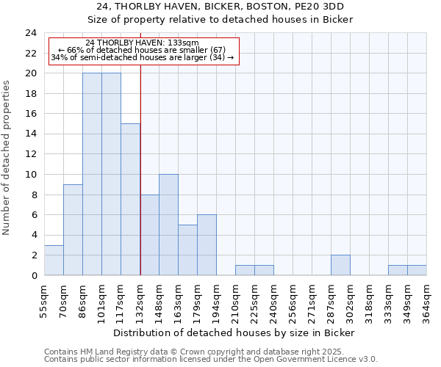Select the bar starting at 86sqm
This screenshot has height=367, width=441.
(92, 174)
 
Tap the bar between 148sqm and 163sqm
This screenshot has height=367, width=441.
(168, 225)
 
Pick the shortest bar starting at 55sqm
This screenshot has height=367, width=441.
(54, 260)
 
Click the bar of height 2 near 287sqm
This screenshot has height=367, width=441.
(340, 265)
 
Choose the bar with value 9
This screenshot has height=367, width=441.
(73, 230)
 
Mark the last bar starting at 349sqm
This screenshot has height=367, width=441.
(417, 270)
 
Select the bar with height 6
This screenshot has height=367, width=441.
(207, 245)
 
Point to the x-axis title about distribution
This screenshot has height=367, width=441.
(235, 333)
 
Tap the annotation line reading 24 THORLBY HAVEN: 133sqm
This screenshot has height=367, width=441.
(142, 43)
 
